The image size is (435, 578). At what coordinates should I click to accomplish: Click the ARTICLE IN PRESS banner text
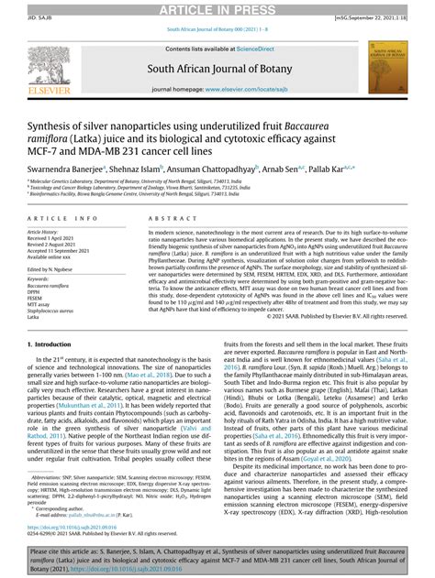[217, 9]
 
